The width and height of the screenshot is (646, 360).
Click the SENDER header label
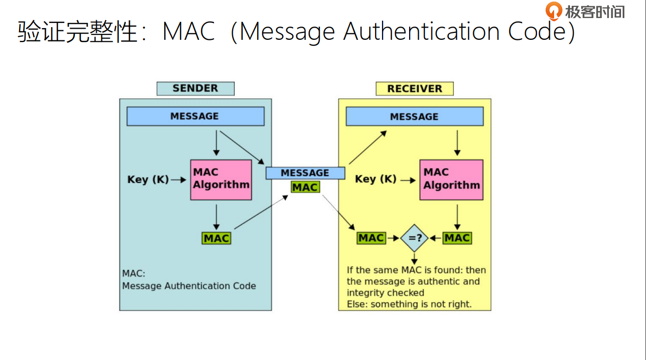click(x=195, y=89)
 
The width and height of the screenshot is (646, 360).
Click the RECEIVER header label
click(x=414, y=89)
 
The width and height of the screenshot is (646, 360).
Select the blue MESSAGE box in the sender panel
click(x=195, y=116)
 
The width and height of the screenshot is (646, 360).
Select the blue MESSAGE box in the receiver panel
click(x=414, y=117)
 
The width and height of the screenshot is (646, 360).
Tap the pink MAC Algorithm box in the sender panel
click(x=221, y=179)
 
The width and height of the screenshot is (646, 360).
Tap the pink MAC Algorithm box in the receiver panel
click(x=451, y=179)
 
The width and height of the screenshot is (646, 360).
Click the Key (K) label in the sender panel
click(x=148, y=179)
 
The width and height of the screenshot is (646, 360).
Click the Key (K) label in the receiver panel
click(x=376, y=179)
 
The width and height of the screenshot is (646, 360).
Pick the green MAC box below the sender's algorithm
click(x=216, y=238)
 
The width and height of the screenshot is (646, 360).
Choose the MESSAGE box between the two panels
click(x=305, y=173)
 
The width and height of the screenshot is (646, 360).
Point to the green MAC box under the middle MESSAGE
click(x=305, y=187)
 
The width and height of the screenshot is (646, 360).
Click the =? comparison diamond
click(x=414, y=238)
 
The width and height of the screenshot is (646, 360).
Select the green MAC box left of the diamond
click(x=371, y=238)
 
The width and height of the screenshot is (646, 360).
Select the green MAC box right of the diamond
click(x=457, y=238)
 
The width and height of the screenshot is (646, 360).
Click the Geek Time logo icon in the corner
click(x=554, y=11)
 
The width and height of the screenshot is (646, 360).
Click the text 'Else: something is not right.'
click(x=409, y=304)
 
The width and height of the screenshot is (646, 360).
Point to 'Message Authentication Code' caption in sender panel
click(x=189, y=286)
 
